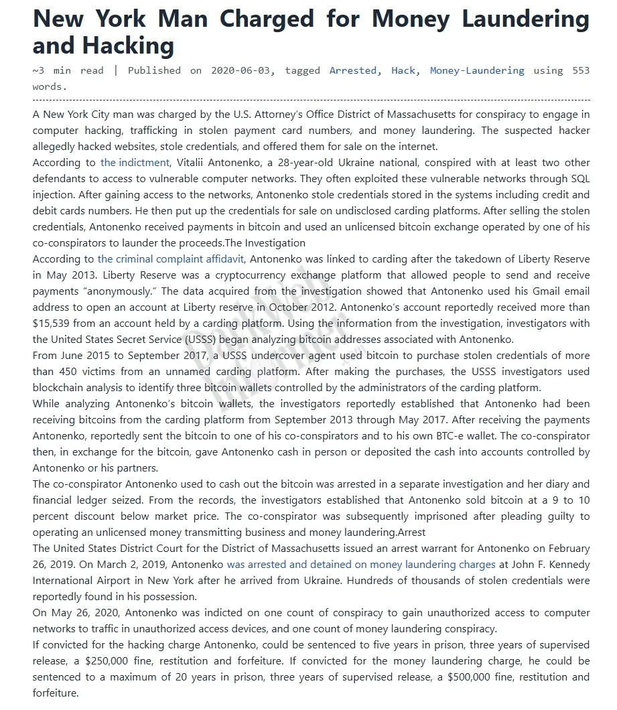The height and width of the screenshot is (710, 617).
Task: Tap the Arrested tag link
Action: (352, 70)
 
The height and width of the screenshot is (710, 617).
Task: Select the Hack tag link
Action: (403, 70)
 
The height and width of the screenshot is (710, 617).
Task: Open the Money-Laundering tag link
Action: (477, 70)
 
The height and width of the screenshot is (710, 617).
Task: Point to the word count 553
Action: (581, 70)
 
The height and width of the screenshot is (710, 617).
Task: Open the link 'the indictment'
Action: (135, 163)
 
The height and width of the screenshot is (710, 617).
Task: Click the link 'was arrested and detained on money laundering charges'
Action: (361, 565)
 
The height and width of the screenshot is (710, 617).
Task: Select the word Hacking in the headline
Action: (128, 46)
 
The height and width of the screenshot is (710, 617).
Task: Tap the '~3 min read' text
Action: (69, 70)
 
